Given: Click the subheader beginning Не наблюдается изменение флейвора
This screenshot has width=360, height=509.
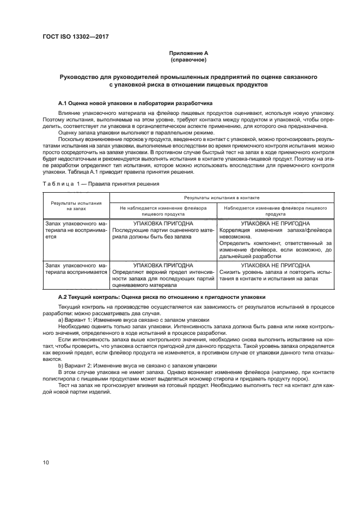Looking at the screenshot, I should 162,208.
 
